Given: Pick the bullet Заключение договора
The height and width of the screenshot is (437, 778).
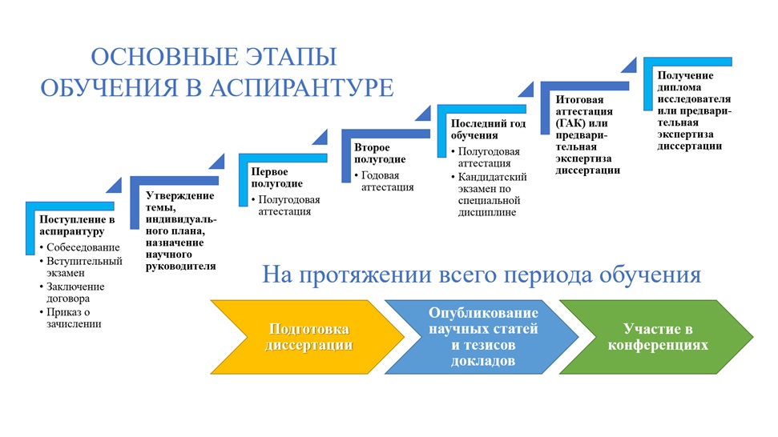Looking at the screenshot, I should coord(75,292).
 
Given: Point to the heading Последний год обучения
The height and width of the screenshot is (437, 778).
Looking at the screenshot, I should coord(488,130).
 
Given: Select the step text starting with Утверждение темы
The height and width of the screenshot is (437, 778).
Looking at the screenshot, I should coord(181,231).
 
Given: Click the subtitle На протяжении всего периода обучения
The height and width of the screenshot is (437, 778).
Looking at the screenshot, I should coord(482,275).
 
